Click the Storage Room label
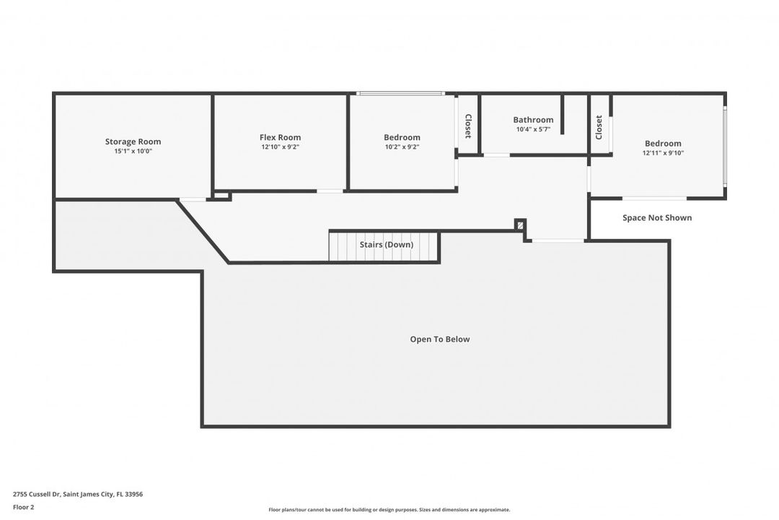coord(133,142)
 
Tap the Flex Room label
coord(280,137)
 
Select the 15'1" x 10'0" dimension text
coord(133,151)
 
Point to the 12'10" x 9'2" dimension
coord(280,147)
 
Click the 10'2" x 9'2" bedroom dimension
coord(402,147)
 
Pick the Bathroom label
coord(533,120)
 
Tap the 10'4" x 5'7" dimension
coord(533,129)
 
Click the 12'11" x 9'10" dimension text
coord(663,153)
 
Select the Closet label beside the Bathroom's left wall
coord(467,126)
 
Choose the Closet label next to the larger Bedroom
coord(599,127)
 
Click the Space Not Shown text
coord(657,217)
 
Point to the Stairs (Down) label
coord(387,245)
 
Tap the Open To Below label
coord(440,339)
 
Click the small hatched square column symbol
coord(520,225)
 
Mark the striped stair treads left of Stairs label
coord(343,246)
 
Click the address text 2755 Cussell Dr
coord(37,494)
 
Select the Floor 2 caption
coord(23,508)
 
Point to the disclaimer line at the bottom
coord(389,510)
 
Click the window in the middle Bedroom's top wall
coord(400,93)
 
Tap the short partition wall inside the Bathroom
coord(563,114)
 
